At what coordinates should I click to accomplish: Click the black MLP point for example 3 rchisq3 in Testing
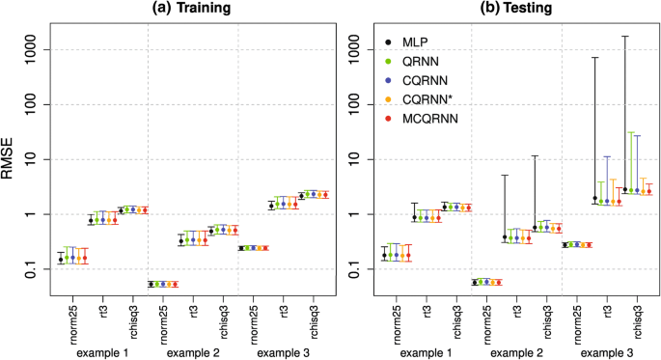(x=625, y=190)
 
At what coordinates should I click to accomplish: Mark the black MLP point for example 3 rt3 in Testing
(x=595, y=198)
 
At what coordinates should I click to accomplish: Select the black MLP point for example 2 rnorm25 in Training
(x=149, y=284)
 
